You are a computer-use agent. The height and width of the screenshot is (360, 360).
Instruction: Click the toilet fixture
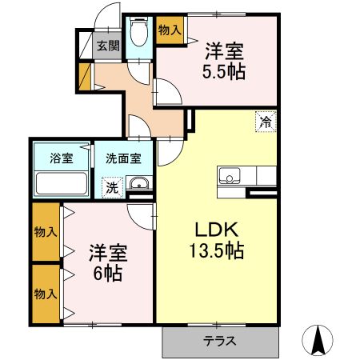click(138, 32)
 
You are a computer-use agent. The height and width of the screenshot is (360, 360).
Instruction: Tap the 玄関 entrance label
click(108, 46)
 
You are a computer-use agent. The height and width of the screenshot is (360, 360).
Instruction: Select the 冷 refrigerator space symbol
click(266, 122)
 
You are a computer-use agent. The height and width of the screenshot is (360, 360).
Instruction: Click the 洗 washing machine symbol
click(112, 188)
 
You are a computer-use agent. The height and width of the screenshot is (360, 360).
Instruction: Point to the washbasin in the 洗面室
click(139, 183)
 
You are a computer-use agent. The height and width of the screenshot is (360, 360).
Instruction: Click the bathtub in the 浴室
click(62, 183)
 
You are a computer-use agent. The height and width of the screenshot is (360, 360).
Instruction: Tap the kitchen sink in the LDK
click(229, 175)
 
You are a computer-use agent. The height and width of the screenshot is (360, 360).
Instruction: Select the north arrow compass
click(318, 341)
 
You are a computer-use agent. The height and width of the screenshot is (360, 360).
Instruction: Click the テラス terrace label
click(220, 341)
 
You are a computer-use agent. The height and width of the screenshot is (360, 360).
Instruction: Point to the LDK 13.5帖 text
click(217, 241)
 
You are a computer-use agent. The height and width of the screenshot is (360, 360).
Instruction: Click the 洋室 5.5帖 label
click(224, 62)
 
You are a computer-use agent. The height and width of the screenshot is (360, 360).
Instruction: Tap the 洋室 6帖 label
click(108, 262)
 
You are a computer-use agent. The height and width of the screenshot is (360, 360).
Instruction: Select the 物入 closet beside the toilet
click(170, 30)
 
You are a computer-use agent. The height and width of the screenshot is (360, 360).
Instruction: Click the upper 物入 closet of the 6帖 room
click(46, 232)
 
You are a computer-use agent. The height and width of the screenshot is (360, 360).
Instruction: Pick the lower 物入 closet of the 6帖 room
click(46, 294)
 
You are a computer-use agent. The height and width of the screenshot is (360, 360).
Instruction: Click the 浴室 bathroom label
click(62, 158)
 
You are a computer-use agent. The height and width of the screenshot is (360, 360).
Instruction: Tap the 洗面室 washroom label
click(123, 158)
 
